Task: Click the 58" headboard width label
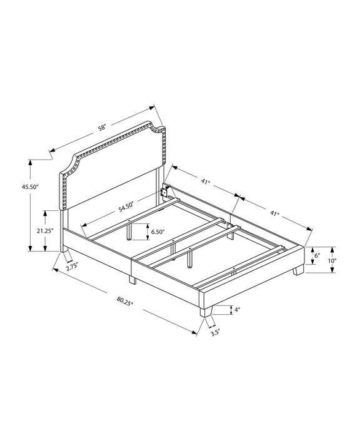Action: coord(102,128)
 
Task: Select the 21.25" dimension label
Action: coord(44,231)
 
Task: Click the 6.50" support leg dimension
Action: coord(157,232)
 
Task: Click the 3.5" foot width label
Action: coord(215,333)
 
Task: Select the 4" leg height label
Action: coord(237,310)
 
